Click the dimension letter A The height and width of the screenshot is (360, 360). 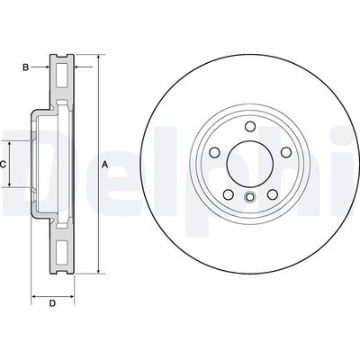tap(104, 164)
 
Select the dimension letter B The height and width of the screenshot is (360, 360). tap(26, 67)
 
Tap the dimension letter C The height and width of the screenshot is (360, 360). tap(4, 164)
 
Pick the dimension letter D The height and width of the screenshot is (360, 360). tap(52, 302)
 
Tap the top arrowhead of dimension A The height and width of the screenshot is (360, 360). tap(96, 58)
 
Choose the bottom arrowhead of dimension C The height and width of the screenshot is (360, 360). tap(10, 185)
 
